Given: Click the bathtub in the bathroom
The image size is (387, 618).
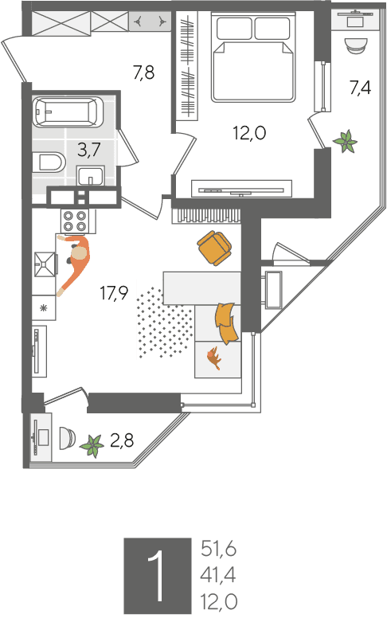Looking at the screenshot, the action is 68,112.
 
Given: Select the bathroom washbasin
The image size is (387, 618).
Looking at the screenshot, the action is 91,175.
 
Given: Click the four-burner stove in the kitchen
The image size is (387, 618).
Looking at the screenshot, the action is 75,221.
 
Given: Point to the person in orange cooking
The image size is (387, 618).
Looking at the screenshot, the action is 75,262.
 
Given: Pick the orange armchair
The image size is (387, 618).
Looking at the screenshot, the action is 214,248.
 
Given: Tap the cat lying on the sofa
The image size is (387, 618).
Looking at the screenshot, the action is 213,358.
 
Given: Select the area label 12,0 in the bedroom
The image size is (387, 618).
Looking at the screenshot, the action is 249,133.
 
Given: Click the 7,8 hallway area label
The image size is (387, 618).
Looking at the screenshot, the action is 143,72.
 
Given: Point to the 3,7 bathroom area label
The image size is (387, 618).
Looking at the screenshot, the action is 89,150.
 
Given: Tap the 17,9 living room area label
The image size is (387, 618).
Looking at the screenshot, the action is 114,293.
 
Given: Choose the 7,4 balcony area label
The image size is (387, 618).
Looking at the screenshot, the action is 361,87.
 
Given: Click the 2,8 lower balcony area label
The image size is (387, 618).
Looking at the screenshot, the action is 122,440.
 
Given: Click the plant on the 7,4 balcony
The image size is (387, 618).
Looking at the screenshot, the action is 346,142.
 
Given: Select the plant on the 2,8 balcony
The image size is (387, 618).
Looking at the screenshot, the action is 92,446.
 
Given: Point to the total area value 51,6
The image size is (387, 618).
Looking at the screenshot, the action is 218,549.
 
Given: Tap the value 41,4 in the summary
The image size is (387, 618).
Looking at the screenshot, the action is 218,576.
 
